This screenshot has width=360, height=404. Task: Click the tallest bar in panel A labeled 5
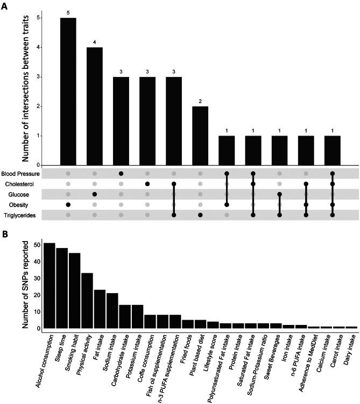tap(68, 91)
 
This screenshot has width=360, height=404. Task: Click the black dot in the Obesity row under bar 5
tap(68, 204)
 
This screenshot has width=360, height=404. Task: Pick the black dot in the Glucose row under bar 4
tap(94, 194)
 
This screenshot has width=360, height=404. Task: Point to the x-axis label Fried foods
tap(184, 350)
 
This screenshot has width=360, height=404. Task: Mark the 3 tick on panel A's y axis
tap(37, 76)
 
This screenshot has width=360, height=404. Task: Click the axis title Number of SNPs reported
tap(23, 282)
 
